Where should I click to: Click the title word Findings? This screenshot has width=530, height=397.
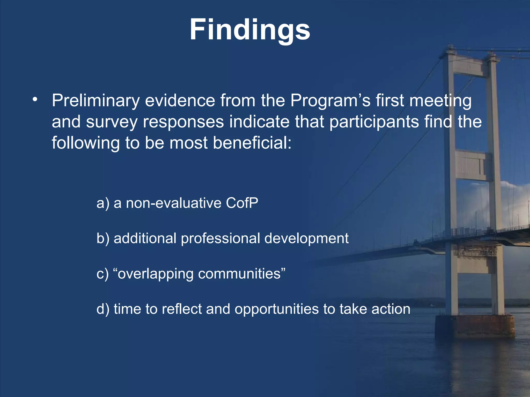(x=250, y=30)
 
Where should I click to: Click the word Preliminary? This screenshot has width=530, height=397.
(x=96, y=101)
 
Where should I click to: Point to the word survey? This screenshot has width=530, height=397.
(x=112, y=122)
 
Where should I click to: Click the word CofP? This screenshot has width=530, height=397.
(x=242, y=203)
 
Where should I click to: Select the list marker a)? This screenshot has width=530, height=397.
(x=103, y=203)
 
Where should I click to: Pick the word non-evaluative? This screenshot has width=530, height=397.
(x=174, y=203)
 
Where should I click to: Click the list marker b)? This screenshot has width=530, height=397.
(x=103, y=238)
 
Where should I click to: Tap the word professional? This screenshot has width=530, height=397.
(x=220, y=238)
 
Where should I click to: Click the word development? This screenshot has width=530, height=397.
(x=306, y=238)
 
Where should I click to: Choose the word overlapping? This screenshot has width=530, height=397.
(x=155, y=274)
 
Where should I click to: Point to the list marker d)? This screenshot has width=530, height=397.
(x=103, y=309)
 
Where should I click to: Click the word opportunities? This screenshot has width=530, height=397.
(x=277, y=309)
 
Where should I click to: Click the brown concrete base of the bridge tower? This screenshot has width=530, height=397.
(x=475, y=327)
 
